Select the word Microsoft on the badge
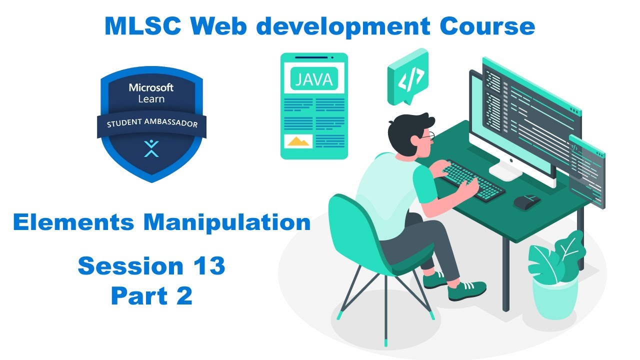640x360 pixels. tap(151, 87)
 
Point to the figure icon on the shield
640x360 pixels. tap(151, 147)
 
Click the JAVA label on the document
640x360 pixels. tap(314, 79)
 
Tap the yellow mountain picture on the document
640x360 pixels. tap(298, 141)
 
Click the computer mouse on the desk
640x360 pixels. tap(526, 201)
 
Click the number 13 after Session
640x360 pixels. tap(209, 266)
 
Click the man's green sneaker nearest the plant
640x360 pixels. tap(466, 290)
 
